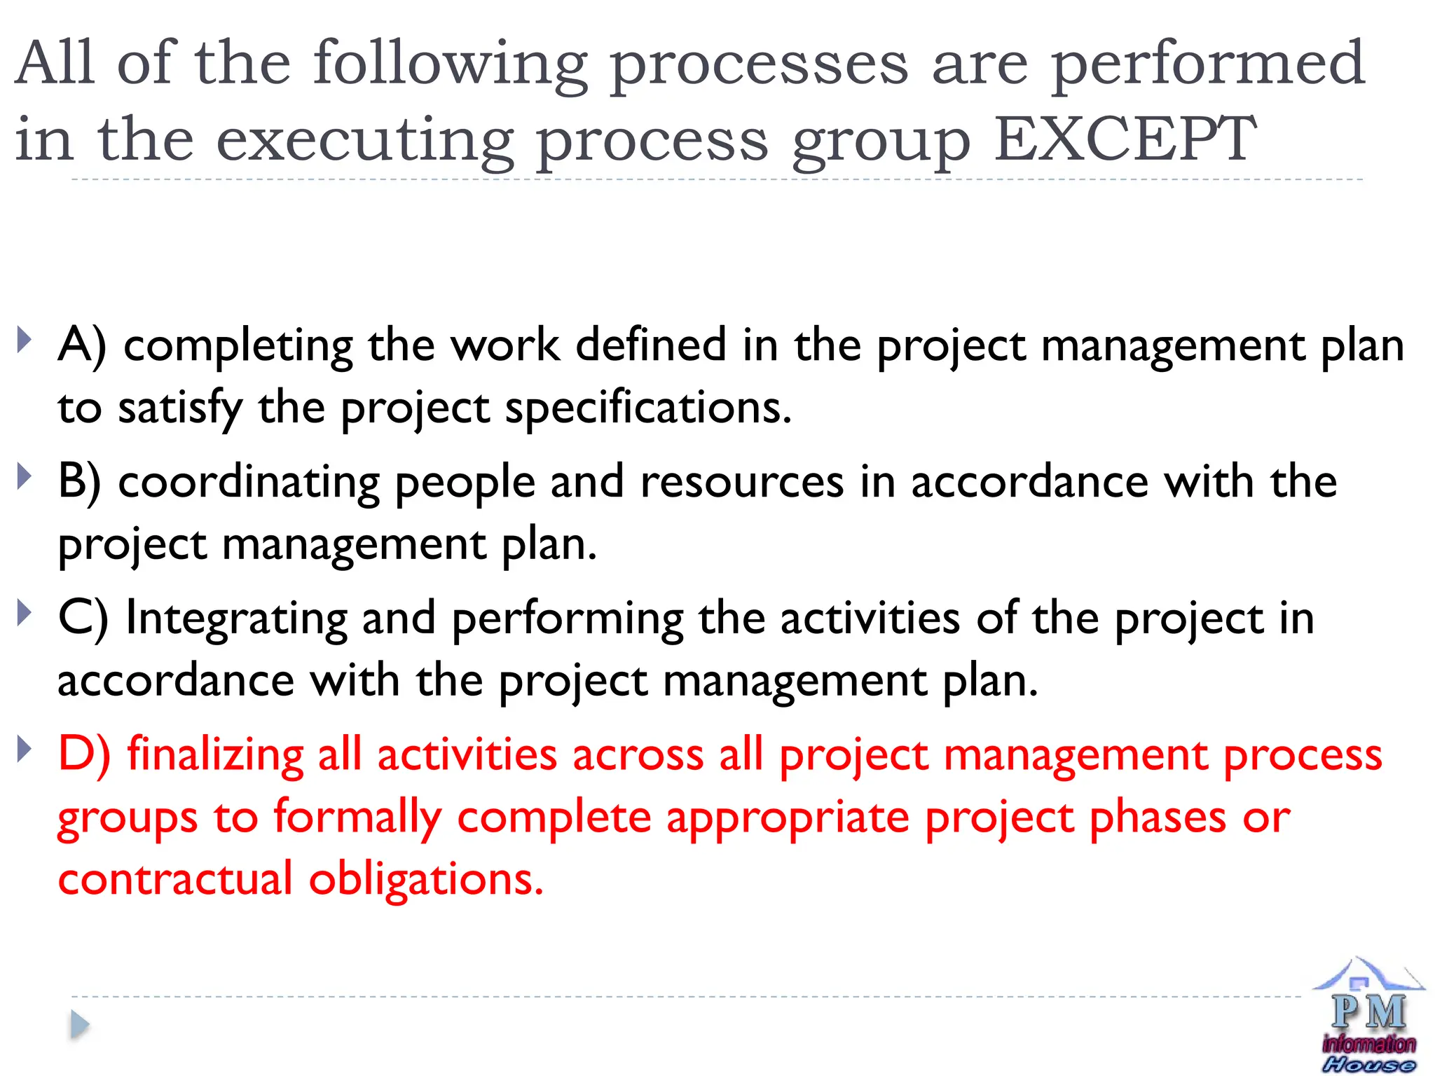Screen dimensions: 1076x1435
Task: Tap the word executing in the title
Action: point(364,140)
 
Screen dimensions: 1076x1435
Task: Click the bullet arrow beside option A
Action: point(25,340)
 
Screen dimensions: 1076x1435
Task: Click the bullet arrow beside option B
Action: point(25,476)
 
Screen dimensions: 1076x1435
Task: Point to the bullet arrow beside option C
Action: point(25,613)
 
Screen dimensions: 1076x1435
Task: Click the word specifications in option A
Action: point(648,408)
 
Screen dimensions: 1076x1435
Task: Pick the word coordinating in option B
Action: point(249,483)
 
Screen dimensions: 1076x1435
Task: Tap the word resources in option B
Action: point(742,482)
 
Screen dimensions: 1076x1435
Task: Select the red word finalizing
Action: point(215,755)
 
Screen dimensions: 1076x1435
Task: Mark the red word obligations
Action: point(426,880)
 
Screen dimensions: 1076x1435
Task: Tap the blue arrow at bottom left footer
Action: point(80,1025)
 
